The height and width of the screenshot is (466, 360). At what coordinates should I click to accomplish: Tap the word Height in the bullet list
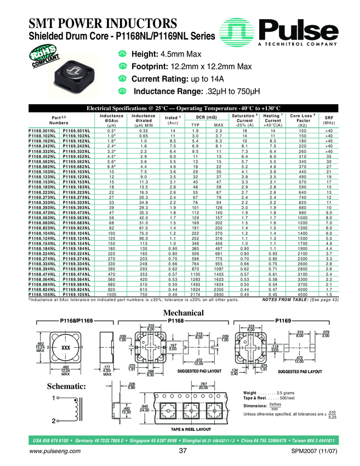click(145, 55)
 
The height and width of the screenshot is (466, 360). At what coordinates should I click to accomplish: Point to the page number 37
click(183, 451)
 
